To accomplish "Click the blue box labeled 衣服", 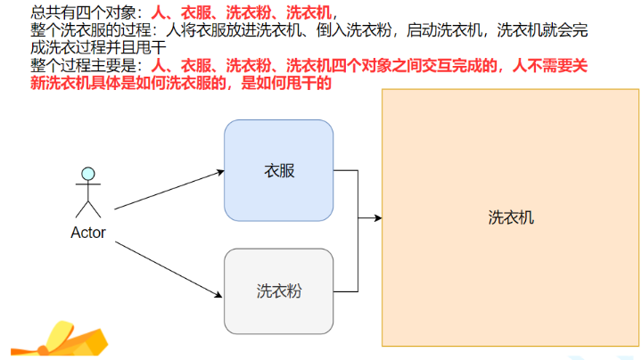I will (278, 170).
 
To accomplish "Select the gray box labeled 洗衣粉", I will (278, 290).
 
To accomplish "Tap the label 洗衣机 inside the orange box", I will (511, 217).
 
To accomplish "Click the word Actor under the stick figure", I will (88, 233).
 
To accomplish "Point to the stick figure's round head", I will (87, 173).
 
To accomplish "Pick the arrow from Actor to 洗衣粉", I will (169, 266).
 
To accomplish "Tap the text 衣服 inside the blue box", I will (278, 170).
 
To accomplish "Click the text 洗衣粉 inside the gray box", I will (278, 290).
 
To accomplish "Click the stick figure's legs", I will (87, 209).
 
